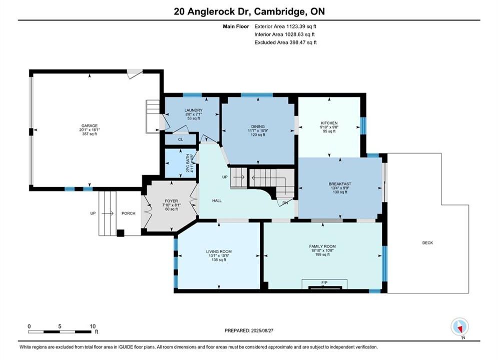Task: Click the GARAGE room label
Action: pyautogui.click(x=89, y=125)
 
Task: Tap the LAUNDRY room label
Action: pyautogui.click(x=193, y=110)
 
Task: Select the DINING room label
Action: pyautogui.click(x=258, y=126)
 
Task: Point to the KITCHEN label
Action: pyautogui.click(x=329, y=123)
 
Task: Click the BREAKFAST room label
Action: pyautogui.click(x=340, y=184)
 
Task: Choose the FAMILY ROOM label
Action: pyautogui.click(x=322, y=246)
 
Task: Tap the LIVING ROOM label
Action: pyautogui.click(x=219, y=251)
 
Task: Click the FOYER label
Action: pyautogui.click(x=171, y=201)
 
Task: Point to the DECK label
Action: pyautogui.click(x=427, y=242)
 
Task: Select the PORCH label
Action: pyautogui.click(x=128, y=213)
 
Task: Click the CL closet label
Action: pyautogui.click(x=180, y=139)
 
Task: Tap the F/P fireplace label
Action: pyautogui.click(x=324, y=282)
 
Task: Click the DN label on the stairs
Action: pyautogui.click(x=285, y=202)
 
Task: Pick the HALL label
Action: pyautogui.click(x=217, y=200)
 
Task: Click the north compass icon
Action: pyautogui.click(x=459, y=326)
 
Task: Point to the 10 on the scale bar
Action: pyautogui.click(x=93, y=326)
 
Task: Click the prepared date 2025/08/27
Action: pyautogui.click(x=262, y=330)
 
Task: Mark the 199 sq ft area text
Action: pyautogui.click(x=322, y=254)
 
